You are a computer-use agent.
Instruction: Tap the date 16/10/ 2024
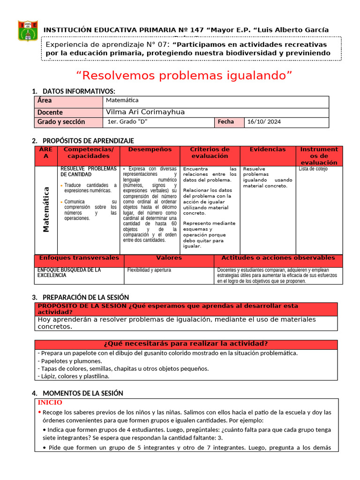tap(264, 122)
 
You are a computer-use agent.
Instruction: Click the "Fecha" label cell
tap(225, 122)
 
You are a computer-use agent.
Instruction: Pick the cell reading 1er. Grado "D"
tap(124, 122)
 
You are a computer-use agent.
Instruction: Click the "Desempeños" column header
tap(150, 150)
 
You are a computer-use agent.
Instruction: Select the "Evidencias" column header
tap(267, 150)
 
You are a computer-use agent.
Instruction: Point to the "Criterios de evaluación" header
tap(210, 153)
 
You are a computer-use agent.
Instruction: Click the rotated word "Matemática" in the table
tap(46, 210)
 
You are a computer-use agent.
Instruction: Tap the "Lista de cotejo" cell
tap(313, 169)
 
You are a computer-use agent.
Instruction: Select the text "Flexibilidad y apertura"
tap(149, 270)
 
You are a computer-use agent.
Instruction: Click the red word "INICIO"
tap(50, 403)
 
